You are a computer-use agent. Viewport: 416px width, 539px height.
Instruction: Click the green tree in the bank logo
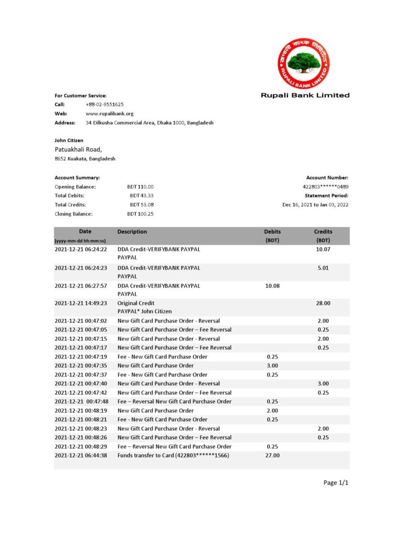point(303,62)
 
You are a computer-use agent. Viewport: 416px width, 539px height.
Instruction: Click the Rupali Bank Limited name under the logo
point(305,95)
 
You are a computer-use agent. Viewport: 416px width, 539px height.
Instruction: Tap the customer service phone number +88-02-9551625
point(105,105)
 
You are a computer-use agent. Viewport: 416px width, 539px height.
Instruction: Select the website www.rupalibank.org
point(109,114)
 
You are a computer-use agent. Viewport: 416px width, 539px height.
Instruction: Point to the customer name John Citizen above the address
point(69,141)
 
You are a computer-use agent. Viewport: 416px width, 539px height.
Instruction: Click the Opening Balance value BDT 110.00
point(140,187)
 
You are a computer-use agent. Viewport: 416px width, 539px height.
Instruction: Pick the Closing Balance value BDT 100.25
point(140,214)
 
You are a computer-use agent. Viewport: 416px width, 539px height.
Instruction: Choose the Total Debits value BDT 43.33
point(141,196)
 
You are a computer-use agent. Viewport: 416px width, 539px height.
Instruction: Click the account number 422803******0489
point(325,187)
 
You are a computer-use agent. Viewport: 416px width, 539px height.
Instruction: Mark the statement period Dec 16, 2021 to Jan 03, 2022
point(315,205)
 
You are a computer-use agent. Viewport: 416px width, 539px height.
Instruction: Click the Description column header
point(132,232)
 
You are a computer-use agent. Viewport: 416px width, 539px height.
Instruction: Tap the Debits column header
point(272,232)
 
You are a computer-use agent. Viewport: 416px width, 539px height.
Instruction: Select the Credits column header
point(323,232)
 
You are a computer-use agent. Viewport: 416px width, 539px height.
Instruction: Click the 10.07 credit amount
point(323,249)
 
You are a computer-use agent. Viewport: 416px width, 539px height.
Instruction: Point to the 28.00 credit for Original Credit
point(323,303)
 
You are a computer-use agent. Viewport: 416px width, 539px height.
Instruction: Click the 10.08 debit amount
point(272,285)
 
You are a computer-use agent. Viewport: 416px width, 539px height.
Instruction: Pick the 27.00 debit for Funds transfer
point(272,455)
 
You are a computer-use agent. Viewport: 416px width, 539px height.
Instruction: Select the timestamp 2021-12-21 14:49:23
point(80,303)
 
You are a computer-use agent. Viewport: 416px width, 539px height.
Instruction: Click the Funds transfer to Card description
point(173,455)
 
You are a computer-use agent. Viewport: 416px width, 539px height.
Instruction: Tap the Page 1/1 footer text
point(336,483)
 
